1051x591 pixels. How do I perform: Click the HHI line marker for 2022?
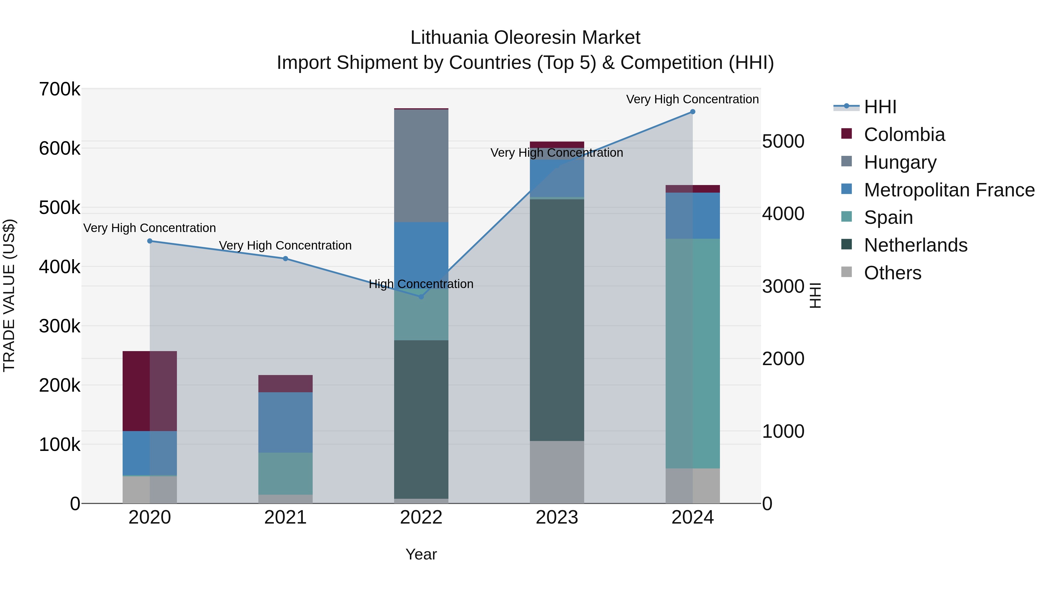click(421, 297)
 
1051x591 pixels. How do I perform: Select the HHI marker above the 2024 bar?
click(692, 112)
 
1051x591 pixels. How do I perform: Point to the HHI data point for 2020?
click(150, 241)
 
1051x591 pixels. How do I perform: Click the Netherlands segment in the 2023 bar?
click(556, 320)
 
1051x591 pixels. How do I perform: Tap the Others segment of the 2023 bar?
click(556, 472)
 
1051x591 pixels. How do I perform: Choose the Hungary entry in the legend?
click(900, 162)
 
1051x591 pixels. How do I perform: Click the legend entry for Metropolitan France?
click(949, 190)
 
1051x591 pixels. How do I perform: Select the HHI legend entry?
click(880, 107)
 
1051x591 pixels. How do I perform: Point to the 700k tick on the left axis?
click(60, 89)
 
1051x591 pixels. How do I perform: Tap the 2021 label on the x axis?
click(285, 517)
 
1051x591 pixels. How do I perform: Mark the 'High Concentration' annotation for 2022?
click(421, 284)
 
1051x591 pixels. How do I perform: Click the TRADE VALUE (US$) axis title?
click(9, 295)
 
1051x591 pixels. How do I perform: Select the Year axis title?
click(421, 554)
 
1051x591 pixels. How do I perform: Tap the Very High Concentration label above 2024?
click(692, 99)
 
